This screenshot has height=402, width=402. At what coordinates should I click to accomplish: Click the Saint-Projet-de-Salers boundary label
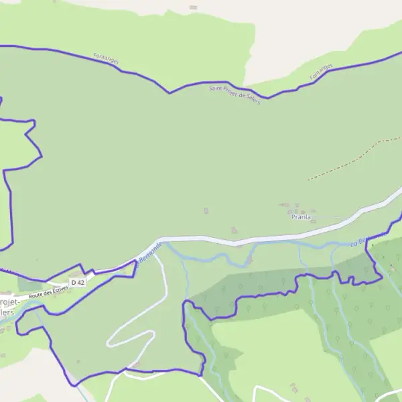point(234,91)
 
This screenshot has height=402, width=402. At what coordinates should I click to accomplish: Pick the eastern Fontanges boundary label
point(322,73)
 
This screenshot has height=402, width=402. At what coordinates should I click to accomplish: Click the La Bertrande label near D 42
point(149,253)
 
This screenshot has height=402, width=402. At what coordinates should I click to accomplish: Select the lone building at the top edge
point(194,7)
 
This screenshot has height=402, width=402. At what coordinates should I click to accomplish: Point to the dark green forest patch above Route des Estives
point(30,284)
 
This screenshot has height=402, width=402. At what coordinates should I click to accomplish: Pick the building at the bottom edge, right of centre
point(293,387)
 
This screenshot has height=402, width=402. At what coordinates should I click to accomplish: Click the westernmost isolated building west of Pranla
point(206,211)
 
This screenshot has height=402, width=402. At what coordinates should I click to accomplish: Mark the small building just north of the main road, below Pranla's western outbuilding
point(234,230)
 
